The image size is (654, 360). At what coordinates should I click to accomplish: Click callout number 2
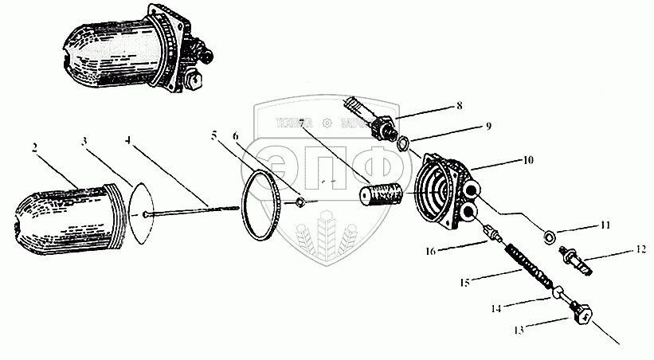(36, 147)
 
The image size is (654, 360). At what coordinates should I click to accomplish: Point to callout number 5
(213, 135)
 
